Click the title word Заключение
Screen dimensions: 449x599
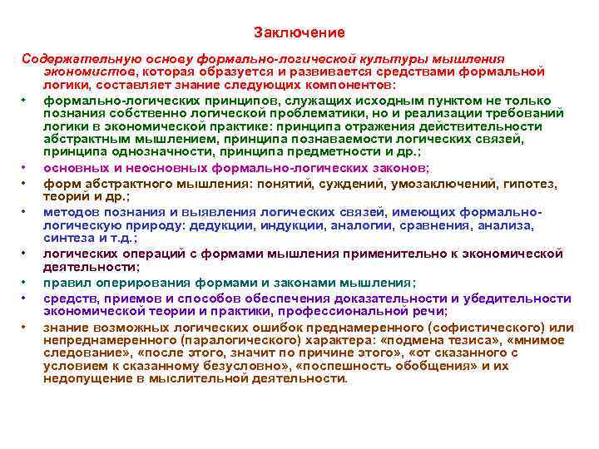(299, 32)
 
